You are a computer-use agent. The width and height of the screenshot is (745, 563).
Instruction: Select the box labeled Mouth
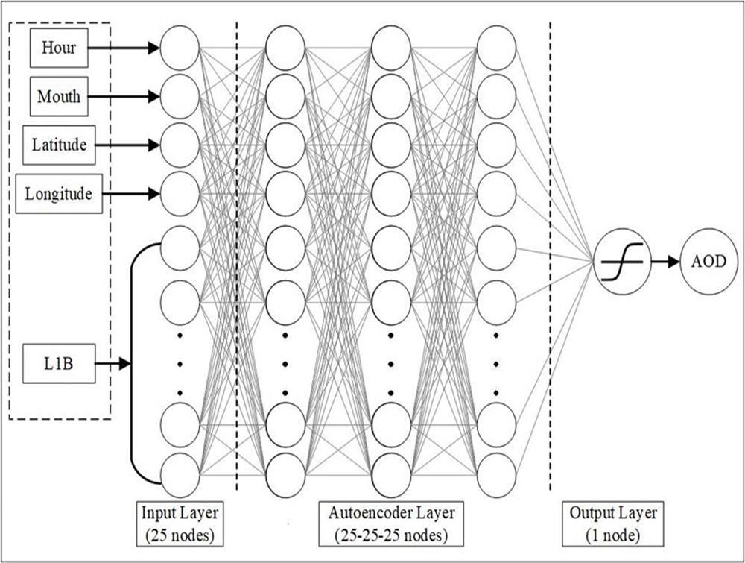coord(59,96)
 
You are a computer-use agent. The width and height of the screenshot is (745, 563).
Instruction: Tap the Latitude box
coord(59,145)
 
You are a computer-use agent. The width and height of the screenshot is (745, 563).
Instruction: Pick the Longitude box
coord(59,194)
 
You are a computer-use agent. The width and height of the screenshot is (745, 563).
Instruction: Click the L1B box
coord(59,365)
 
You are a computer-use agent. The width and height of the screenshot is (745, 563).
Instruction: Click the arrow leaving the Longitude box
coord(130,194)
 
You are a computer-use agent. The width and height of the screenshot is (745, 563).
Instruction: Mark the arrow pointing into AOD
coord(665,262)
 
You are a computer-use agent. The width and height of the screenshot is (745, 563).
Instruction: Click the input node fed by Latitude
coord(180,145)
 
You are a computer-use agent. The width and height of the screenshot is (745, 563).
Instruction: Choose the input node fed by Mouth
coord(180,96)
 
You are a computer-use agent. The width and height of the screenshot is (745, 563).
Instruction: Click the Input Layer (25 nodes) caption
coord(180,524)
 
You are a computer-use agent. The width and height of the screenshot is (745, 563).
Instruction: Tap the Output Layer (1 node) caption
coord(613,524)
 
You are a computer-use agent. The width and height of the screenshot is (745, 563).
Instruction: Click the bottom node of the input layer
coord(180,475)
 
